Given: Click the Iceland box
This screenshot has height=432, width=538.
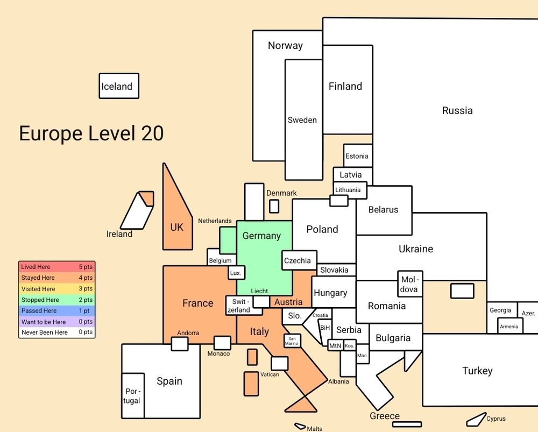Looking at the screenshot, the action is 119,86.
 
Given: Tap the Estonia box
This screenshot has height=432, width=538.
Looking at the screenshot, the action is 358,156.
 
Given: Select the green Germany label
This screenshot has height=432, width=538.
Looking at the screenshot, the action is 261,236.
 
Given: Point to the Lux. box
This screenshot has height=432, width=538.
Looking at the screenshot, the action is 236,272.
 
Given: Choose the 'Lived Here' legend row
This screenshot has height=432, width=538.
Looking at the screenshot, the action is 57,267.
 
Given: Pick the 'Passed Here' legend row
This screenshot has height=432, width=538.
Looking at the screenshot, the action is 57,310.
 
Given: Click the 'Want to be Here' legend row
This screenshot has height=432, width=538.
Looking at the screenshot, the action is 57,322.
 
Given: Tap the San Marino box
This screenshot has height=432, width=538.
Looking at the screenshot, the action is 292,341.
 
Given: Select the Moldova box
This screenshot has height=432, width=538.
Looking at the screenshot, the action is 410,284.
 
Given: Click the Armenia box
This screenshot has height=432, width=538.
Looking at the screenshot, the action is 510,326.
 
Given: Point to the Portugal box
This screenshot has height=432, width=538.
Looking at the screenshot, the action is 133,395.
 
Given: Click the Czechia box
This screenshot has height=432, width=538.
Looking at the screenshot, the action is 299,260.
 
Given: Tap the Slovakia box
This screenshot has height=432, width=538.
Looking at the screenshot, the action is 336,270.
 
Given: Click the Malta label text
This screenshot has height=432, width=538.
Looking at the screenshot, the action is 315,429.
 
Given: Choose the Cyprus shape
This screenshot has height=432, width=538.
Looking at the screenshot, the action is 477,419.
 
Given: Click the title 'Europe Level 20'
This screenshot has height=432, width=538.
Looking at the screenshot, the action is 91,133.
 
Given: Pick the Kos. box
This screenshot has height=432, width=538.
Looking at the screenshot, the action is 349,345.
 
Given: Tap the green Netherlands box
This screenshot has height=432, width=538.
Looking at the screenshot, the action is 228,240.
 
